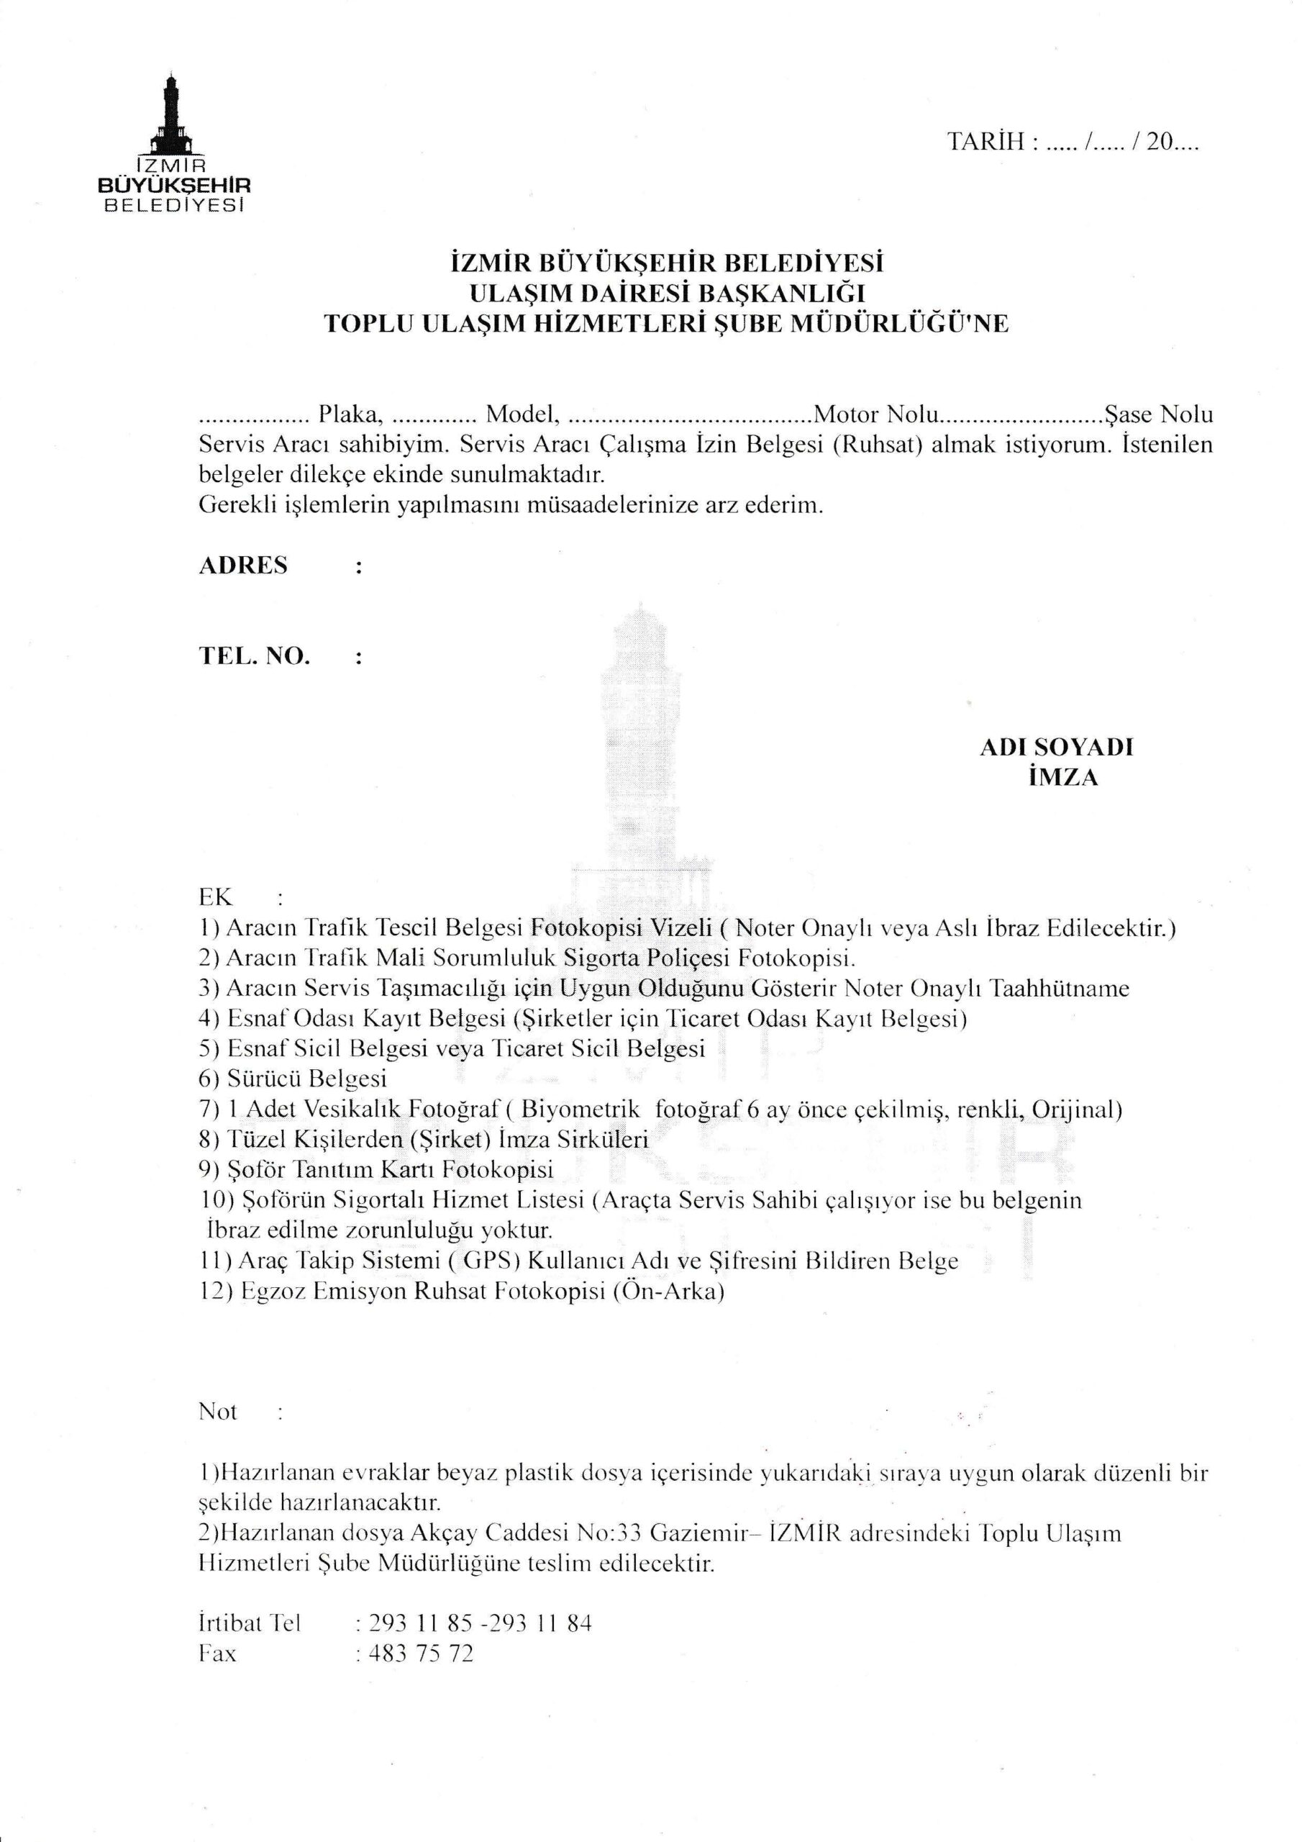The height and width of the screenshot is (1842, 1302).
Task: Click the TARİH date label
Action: tap(986, 142)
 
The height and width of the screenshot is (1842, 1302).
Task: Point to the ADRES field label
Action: tap(242, 566)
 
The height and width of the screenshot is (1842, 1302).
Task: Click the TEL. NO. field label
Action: tap(253, 656)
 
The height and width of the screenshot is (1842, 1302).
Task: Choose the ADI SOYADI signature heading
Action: tap(1056, 747)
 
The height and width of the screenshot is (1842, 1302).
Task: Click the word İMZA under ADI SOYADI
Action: tap(1063, 777)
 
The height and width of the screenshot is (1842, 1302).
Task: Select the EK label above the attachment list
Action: tap(215, 896)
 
